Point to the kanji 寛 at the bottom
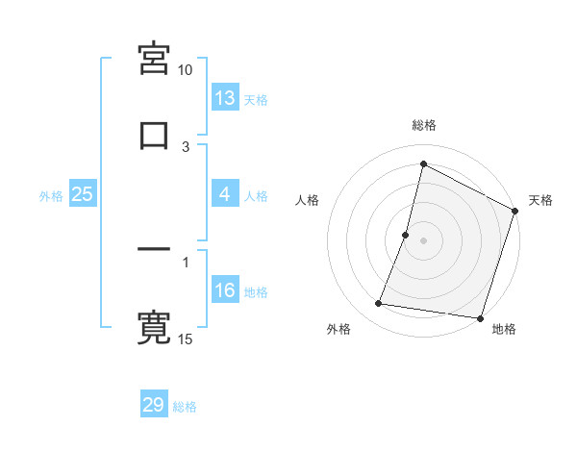154,327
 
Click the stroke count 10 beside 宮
186,70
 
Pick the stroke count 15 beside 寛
186,339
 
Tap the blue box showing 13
225,98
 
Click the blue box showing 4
225,194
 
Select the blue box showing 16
225,290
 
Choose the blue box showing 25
83,194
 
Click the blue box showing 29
154,405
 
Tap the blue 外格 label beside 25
51,195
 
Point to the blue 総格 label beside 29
185,407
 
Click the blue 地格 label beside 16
256,292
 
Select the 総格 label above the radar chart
424,125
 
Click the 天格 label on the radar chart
540,200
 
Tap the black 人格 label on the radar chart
308,200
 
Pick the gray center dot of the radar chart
424,240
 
